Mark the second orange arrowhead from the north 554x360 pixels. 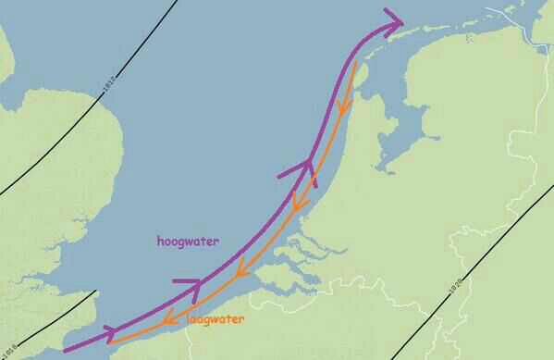tap(298, 201)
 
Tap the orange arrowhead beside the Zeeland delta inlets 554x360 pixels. tap(240, 272)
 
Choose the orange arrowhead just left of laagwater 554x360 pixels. tap(170, 319)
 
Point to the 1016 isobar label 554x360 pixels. tap(9, 349)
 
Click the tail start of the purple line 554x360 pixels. tap(65, 351)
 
